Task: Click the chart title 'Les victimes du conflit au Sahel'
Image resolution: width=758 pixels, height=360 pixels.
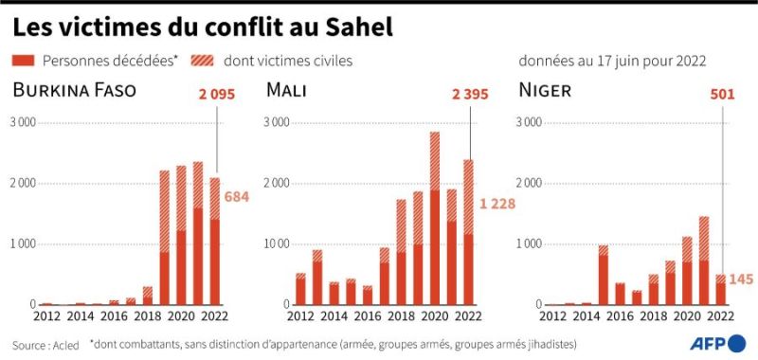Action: tap(203, 27)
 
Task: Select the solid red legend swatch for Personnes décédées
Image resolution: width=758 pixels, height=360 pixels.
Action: tap(23, 61)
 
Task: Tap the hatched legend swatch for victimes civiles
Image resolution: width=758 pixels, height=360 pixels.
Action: tap(202, 61)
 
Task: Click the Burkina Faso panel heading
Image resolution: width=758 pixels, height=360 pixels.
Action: tap(75, 90)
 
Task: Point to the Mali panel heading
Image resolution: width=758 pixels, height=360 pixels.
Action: tap(286, 90)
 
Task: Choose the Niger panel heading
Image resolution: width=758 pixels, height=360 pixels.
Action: tap(545, 90)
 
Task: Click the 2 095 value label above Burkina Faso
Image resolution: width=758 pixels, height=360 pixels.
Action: tap(217, 94)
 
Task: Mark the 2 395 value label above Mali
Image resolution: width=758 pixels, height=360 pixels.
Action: tap(470, 94)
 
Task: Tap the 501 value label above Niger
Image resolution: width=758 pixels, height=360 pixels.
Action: tap(722, 94)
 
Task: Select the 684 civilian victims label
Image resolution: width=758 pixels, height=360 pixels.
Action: tap(236, 197)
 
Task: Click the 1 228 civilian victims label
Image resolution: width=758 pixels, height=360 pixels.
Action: tap(497, 204)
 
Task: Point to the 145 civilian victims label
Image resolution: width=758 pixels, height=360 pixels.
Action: tap(741, 279)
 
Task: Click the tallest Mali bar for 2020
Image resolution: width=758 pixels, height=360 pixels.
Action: tap(435, 219)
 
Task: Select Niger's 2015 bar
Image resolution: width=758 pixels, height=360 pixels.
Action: tap(603, 275)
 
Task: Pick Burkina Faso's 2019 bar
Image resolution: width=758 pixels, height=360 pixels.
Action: tap(164, 238)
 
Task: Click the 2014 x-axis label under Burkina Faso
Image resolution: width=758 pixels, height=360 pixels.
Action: tap(80, 316)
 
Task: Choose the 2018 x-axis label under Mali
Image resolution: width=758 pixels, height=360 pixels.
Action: tap(401, 316)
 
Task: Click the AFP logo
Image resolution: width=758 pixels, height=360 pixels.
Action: tap(717, 344)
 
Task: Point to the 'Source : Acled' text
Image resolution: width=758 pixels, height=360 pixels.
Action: tap(45, 346)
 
